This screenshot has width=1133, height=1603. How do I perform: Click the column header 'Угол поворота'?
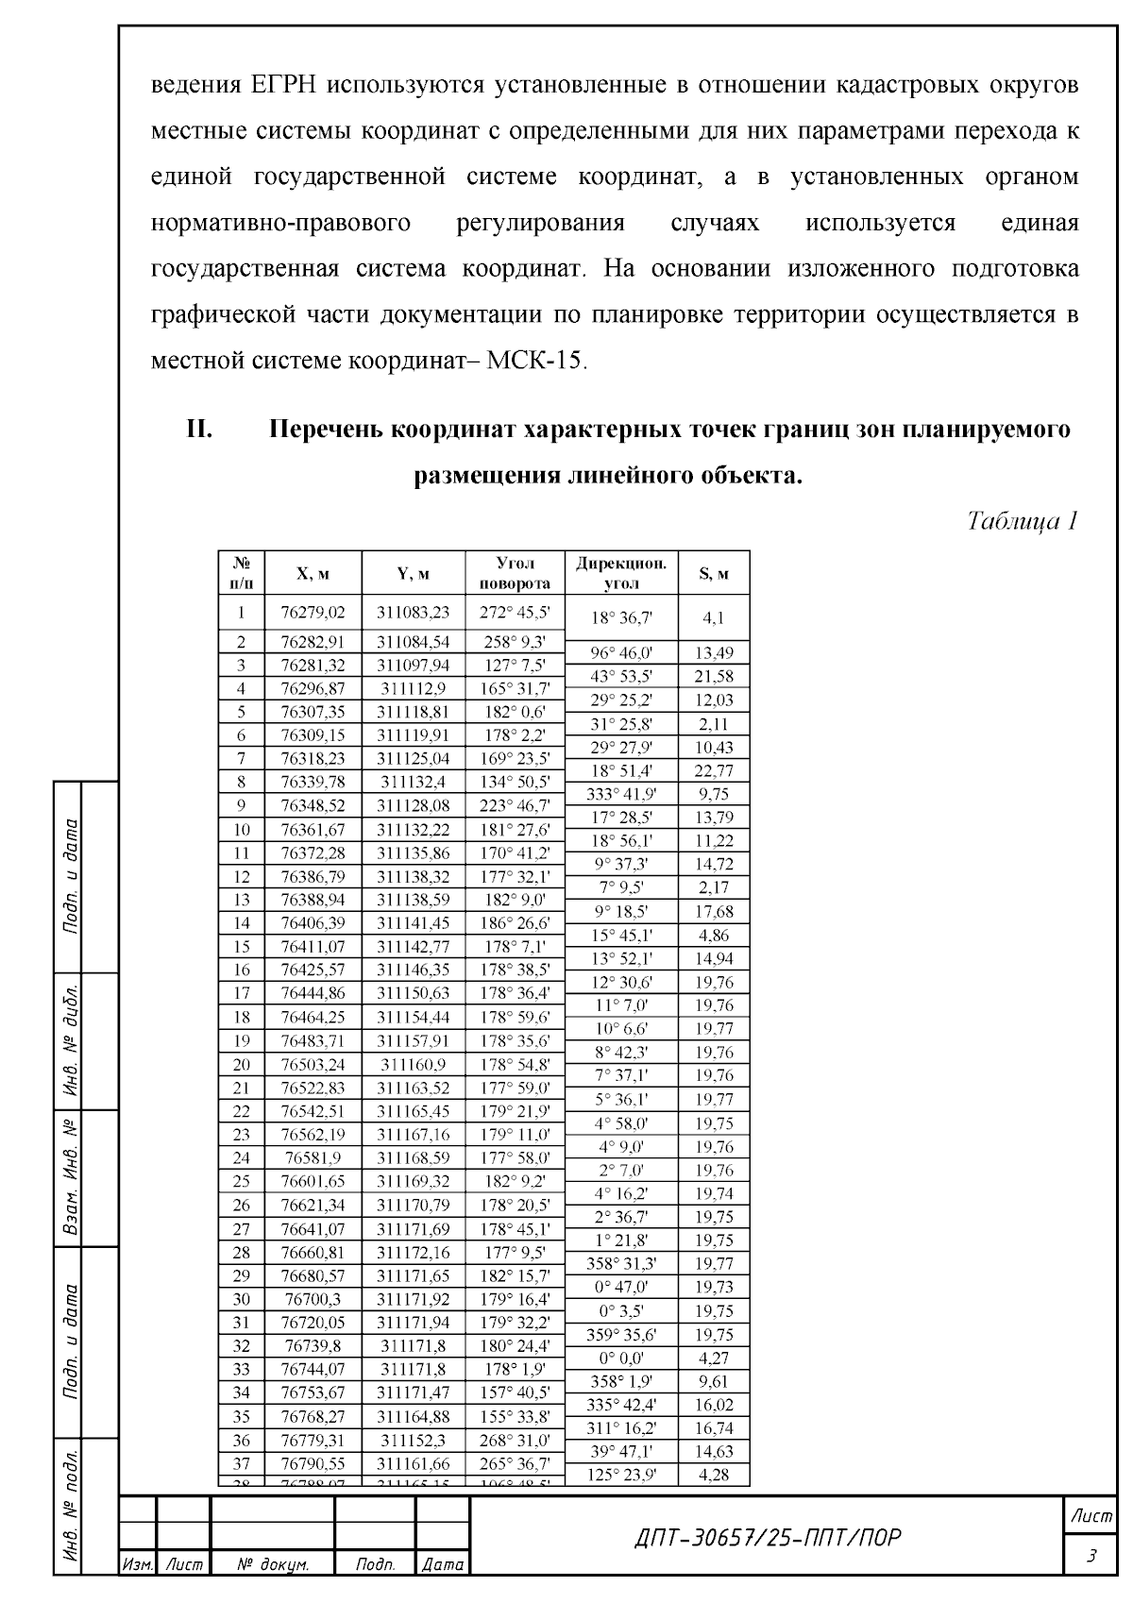pyautogui.click(x=515, y=573)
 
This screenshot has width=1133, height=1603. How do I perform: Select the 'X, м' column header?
pyautogui.click(x=313, y=574)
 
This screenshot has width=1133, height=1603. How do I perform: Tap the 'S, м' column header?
pyautogui.click(x=714, y=574)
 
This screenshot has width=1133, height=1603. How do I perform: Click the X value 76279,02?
pyautogui.click(x=313, y=612)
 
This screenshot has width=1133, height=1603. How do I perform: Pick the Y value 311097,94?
pyautogui.click(x=413, y=665)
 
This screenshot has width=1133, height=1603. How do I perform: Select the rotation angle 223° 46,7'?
pyautogui.click(x=515, y=805)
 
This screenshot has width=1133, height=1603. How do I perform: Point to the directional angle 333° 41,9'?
pyautogui.click(x=621, y=794)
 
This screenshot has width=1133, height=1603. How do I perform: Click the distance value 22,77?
pyautogui.click(x=714, y=770)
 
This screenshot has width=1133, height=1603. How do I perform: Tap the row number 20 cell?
pyautogui.click(x=241, y=1064)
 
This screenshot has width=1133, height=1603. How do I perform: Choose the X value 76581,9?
pyautogui.click(x=313, y=1157)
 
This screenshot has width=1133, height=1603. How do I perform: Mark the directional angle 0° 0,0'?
pyautogui.click(x=621, y=1358)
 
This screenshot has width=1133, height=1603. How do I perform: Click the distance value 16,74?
pyautogui.click(x=714, y=1427)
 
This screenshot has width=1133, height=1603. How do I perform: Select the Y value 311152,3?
pyautogui.click(x=413, y=1440)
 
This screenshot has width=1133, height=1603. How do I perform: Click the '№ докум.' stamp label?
pyautogui.click(x=272, y=1565)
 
